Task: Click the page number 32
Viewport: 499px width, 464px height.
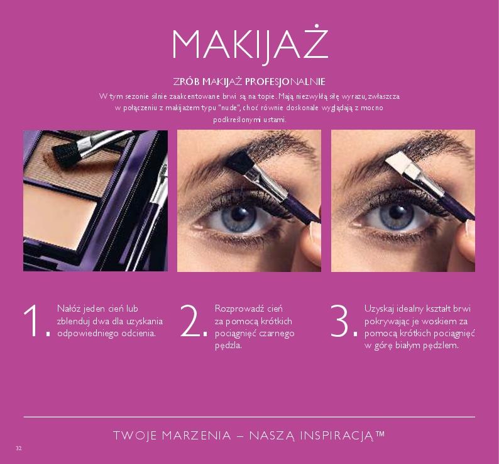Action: click(x=19, y=448)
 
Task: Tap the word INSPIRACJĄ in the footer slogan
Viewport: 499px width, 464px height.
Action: click(x=340, y=436)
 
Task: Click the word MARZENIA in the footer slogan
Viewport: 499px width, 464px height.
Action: click(x=197, y=436)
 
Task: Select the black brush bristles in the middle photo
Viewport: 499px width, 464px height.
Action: click(x=236, y=157)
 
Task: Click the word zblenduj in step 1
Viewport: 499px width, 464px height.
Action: click(x=72, y=321)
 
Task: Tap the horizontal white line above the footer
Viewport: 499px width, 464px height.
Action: click(x=249, y=417)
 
